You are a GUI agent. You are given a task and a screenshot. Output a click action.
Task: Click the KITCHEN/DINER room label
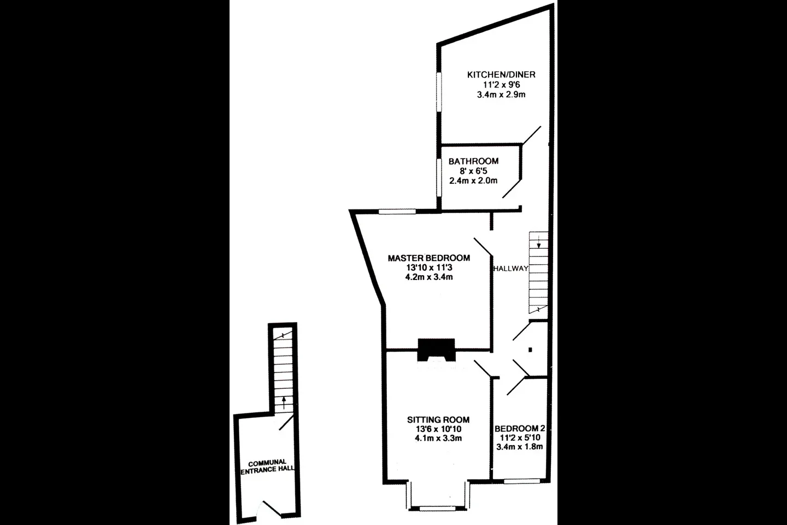[x=501, y=74]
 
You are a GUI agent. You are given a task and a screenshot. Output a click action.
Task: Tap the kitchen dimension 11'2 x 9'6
[x=501, y=85]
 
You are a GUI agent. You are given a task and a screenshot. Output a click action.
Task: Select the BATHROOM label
[x=473, y=161]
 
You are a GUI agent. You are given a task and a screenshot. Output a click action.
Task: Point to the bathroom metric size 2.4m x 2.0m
[x=473, y=181]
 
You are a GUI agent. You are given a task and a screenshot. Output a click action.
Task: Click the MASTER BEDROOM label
[x=428, y=258]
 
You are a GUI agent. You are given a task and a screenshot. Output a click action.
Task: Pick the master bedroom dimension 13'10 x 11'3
[x=429, y=267]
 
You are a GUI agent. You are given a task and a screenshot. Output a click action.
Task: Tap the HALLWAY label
[x=511, y=269]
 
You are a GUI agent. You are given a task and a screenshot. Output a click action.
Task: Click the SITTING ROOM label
[x=438, y=419]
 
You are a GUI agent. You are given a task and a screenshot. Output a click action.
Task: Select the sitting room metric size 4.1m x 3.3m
[x=438, y=439]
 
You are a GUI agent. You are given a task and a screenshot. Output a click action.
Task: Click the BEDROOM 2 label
[x=520, y=429]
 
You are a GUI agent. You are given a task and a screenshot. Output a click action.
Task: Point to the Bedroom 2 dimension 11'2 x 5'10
[x=520, y=438]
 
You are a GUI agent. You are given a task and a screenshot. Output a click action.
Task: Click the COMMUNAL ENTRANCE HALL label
[x=267, y=466]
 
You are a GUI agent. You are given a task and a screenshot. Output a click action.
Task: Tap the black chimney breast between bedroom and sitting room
[x=436, y=350]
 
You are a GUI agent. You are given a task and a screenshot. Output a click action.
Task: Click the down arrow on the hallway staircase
[x=539, y=241]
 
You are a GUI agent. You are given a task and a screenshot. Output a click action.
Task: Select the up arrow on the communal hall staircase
[x=284, y=403]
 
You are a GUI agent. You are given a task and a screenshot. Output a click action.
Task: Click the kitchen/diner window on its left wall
[x=439, y=92]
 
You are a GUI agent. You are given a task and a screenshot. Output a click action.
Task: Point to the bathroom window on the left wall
[x=439, y=177]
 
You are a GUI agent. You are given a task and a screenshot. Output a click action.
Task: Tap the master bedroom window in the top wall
[x=397, y=212]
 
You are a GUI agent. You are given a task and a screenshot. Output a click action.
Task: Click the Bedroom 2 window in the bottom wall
[x=522, y=481]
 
